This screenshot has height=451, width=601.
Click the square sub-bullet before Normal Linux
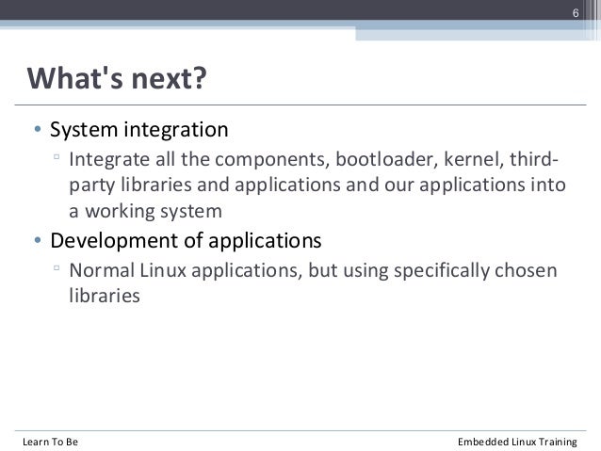click(x=57, y=269)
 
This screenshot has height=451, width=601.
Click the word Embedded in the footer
click(x=486, y=442)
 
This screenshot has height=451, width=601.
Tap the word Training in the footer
click(x=559, y=442)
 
